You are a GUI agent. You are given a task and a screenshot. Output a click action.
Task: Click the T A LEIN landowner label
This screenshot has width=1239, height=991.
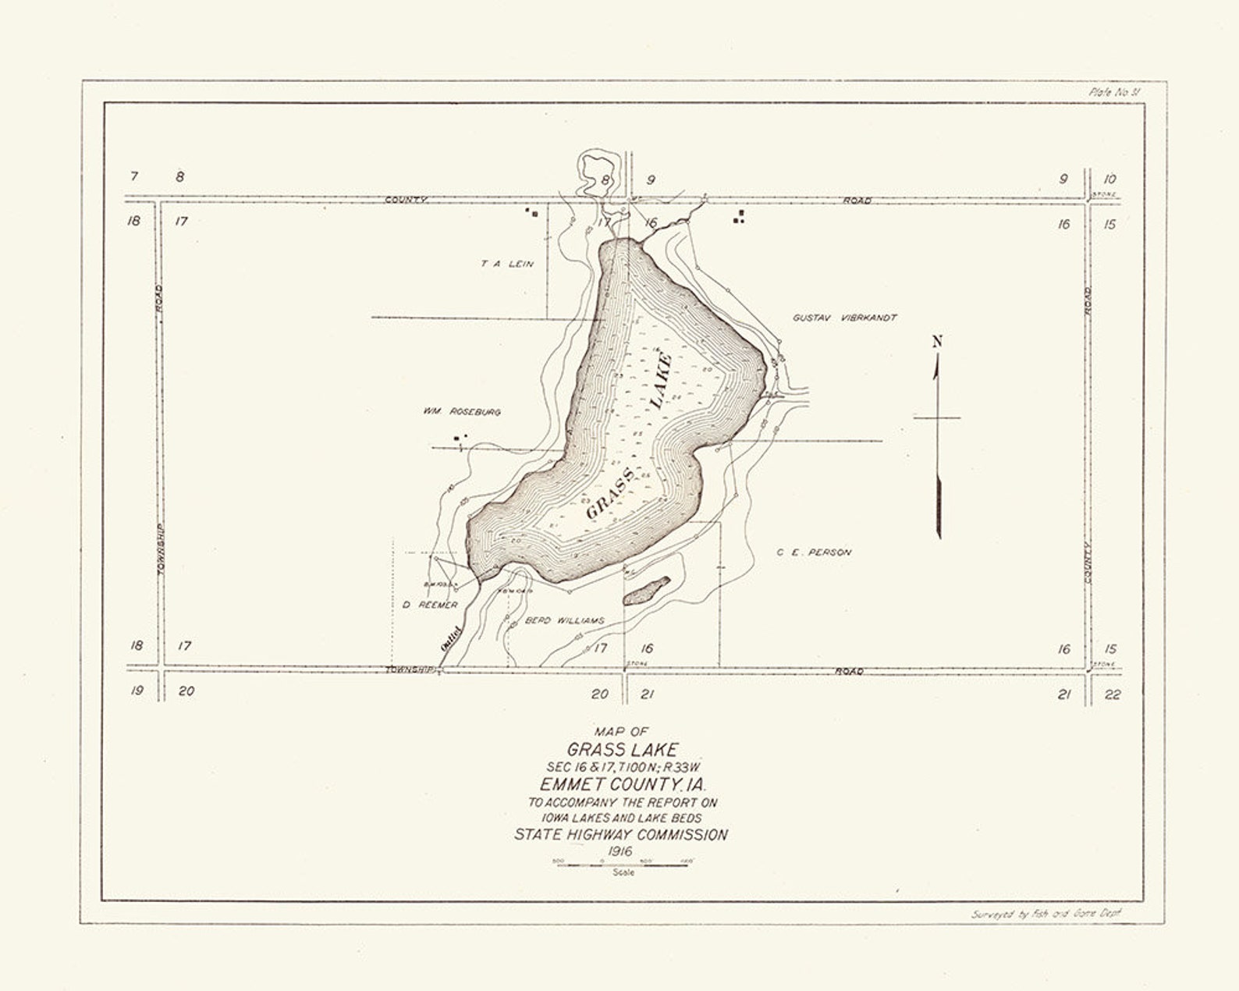[x=507, y=264]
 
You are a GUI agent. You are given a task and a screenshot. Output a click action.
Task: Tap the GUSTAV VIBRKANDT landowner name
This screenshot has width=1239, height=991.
[x=844, y=318]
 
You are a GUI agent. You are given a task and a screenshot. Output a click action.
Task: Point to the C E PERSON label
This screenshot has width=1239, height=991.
[x=814, y=552]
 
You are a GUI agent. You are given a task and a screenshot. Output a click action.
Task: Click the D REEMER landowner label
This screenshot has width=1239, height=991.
[x=430, y=605]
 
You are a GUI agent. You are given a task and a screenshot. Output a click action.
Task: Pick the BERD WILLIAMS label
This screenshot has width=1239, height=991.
[x=565, y=621]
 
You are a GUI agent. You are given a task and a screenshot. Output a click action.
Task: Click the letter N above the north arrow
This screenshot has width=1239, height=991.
[x=937, y=341]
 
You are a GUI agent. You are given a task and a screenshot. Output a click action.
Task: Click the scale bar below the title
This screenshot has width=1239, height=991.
[x=623, y=865]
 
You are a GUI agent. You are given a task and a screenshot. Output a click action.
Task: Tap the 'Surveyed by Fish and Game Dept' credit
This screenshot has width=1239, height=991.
[x=1046, y=914]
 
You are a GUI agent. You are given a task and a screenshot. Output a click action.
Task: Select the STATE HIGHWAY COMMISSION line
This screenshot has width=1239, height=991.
[x=621, y=835]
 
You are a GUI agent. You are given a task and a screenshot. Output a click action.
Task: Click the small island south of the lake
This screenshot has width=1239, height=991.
[x=646, y=591]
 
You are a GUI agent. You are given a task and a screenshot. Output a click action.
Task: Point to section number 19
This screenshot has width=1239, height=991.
[x=137, y=691]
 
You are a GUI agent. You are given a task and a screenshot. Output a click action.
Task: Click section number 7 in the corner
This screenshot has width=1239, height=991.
[x=134, y=176]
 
